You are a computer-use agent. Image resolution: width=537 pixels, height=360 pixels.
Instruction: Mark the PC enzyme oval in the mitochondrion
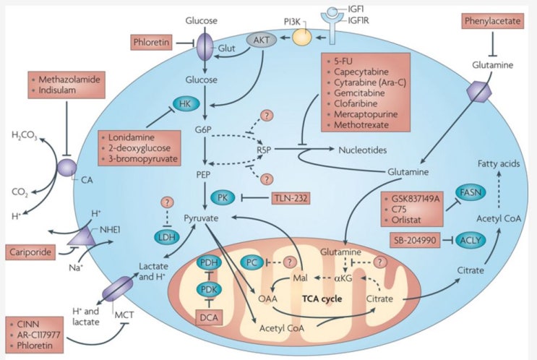pos(252,262)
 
